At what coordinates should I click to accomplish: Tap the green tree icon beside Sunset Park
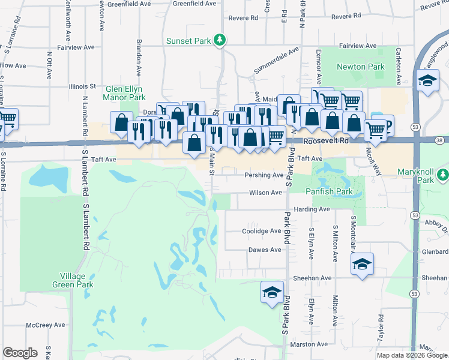(x=221, y=40)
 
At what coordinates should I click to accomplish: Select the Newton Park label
(x=360, y=67)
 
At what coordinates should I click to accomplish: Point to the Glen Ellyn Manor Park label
(x=125, y=92)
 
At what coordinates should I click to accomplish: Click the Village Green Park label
(x=76, y=280)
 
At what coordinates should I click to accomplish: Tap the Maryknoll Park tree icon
(x=443, y=175)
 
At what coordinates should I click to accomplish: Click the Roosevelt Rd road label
(x=325, y=140)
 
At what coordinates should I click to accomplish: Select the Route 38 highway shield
(x=441, y=140)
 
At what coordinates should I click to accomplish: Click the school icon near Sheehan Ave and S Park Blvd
(x=272, y=293)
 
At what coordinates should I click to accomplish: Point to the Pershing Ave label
(x=264, y=175)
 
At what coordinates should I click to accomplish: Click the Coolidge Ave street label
(x=261, y=231)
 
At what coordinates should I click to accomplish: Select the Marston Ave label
(x=309, y=344)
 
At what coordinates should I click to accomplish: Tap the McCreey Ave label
(x=45, y=325)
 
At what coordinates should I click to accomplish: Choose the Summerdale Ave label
(x=276, y=61)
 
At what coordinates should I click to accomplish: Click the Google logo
(x=20, y=353)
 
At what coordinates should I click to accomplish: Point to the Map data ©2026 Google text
(x=411, y=355)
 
